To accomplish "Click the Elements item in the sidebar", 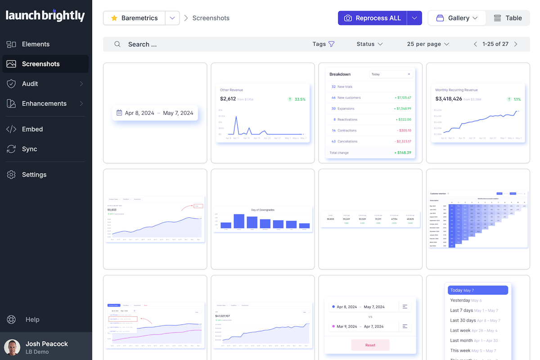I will click(x=36, y=44).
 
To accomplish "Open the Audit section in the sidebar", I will click(x=30, y=84).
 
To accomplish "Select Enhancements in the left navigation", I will click(x=44, y=103).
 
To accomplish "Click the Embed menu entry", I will click(x=32, y=129).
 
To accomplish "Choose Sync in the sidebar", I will click(x=29, y=149).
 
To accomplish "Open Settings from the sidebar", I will click(x=34, y=175).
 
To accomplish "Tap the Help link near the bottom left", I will click(x=32, y=319).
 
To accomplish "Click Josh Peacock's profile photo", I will click(x=12, y=347).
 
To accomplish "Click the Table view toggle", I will click(x=508, y=18).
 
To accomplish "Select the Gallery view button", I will click(x=457, y=18).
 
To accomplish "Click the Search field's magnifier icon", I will click(x=117, y=44).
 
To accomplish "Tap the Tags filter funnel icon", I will click(x=332, y=44).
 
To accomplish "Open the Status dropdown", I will click(x=369, y=44).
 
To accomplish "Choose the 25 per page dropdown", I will click(x=428, y=44).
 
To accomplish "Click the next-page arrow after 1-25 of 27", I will click(x=516, y=44).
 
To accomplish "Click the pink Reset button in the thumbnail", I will click(x=370, y=345).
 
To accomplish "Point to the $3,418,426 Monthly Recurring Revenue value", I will click(x=449, y=99).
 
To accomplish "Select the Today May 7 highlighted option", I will click(x=478, y=290).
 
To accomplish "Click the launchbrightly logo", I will click(x=45, y=16).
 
